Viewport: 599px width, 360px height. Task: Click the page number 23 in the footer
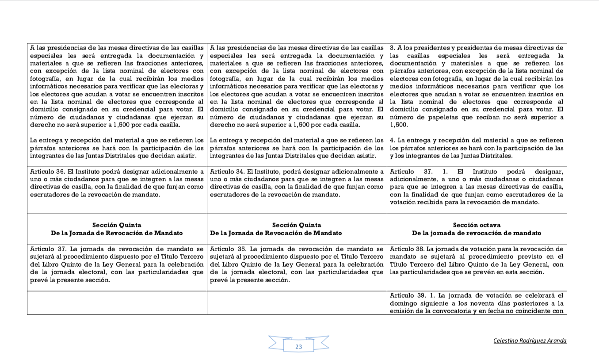coord(298,347)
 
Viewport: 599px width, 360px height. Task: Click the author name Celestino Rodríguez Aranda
coord(530,341)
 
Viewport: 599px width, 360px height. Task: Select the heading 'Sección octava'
coord(477,225)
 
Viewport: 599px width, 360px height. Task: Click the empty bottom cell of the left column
coord(117,303)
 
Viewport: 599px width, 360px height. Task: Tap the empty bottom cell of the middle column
coord(297,303)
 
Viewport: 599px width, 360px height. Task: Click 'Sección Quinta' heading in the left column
coord(117,225)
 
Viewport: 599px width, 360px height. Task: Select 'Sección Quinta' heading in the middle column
coord(297,225)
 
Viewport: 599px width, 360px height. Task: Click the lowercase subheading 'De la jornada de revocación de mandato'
coord(477,233)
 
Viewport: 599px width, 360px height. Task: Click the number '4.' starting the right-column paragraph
coord(393,140)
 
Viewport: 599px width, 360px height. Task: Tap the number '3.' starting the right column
coord(392,48)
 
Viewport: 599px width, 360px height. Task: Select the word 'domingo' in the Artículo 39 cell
coord(402,303)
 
